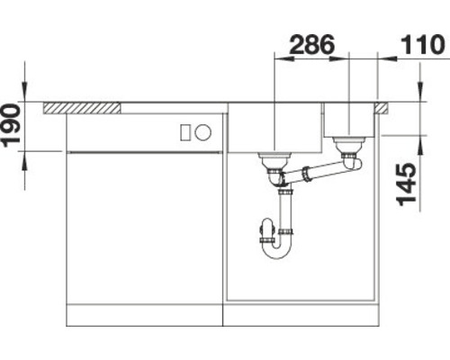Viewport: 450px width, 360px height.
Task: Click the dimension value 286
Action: (310, 43)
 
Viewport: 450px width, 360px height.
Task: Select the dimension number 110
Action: (420, 43)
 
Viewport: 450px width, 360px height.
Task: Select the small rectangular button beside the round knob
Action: (186, 133)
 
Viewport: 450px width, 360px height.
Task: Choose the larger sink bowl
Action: (275, 129)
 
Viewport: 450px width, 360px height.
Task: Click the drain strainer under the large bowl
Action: (274, 161)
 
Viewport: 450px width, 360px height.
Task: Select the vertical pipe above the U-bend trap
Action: (286, 211)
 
